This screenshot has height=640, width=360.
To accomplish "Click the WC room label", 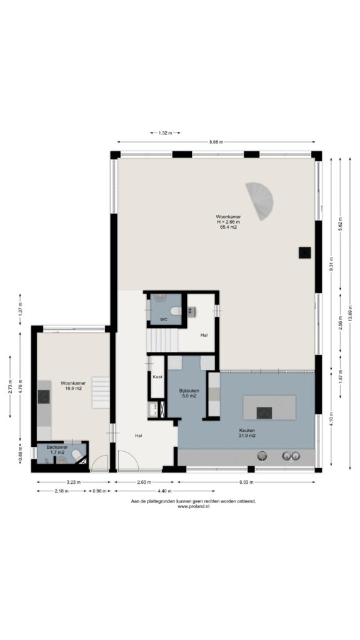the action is (x=163, y=319).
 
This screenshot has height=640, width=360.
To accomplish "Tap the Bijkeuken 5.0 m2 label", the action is (x=189, y=392).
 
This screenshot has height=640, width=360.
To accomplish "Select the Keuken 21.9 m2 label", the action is (x=246, y=432).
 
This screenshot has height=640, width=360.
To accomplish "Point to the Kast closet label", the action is (x=157, y=377).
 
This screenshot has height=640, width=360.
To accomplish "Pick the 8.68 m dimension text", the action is (x=216, y=142).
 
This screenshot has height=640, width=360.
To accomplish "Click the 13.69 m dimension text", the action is (x=350, y=312).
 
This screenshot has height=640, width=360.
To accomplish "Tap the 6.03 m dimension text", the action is (x=246, y=482).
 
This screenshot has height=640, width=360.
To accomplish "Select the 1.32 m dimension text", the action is (x=165, y=132).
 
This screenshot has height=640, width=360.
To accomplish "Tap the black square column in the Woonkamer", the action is (x=304, y=252).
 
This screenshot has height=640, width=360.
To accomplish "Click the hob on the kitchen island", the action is (x=264, y=412).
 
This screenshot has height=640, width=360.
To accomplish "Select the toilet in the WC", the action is (x=176, y=311).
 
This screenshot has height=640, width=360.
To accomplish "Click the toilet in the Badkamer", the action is (x=77, y=455).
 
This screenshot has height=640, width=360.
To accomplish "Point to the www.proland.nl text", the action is (x=194, y=506).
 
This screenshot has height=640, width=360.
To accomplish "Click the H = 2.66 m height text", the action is (x=228, y=222).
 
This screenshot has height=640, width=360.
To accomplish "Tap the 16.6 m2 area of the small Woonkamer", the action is (x=73, y=389).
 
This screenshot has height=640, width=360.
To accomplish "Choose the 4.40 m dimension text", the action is (x=164, y=491).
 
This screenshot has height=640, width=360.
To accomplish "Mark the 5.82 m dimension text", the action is (x=341, y=224).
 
